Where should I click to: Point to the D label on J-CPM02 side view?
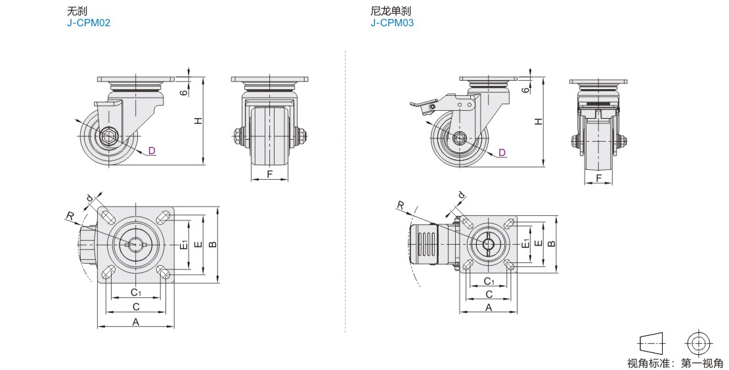[x=152, y=151]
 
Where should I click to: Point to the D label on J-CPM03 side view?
[x=502, y=153]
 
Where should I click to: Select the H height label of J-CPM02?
[x=196, y=120]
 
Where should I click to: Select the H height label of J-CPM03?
[x=538, y=121]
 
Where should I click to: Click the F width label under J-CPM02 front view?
[x=271, y=174]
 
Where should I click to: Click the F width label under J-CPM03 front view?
[x=598, y=178]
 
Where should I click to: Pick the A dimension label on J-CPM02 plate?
[x=136, y=321]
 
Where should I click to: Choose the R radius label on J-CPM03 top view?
[x=400, y=206]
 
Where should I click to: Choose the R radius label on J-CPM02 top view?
[x=68, y=215]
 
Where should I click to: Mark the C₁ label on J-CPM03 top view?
[x=489, y=281]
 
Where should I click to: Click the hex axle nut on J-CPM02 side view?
[x=109, y=138]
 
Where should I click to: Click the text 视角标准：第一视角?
[x=674, y=363]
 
